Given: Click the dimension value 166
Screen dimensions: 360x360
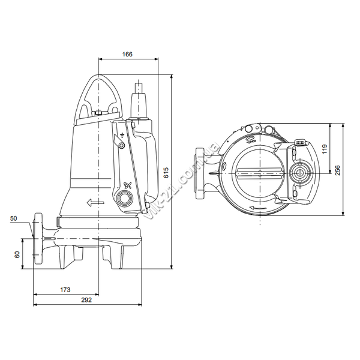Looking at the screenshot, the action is (x=127, y=54).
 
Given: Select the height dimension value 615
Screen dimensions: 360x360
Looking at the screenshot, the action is (x=166, y=173).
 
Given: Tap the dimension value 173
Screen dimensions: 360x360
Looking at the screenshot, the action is (x=65, y=290).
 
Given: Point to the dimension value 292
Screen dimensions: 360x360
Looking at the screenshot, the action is (x=86, y=300).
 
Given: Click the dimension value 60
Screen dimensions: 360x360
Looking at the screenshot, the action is (x=17, y=254).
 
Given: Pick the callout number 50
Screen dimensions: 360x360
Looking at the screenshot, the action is (x=14, y=218).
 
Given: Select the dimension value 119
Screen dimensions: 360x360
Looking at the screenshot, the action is (x=325, y=149).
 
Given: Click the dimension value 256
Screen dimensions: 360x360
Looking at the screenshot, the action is (x=337, y=170).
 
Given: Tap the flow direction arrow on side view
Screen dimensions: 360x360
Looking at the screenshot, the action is (x=95, y=203).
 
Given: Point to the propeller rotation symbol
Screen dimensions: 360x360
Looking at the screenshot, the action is (x=127, y=185).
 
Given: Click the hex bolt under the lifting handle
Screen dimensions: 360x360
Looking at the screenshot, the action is (x=98, y=113).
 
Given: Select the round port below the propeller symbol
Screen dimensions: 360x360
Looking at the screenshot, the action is (x=124, y=197).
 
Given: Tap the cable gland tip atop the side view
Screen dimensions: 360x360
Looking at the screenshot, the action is (x=139, y=87).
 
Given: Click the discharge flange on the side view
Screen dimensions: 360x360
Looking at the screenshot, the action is (x=38, y=238).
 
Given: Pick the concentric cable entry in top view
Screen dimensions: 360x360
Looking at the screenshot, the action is (x=300, y=173).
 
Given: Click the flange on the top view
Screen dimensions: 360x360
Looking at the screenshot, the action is (x=200, y=173).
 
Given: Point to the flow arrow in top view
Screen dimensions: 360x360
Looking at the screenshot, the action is (x=258, y=208).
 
